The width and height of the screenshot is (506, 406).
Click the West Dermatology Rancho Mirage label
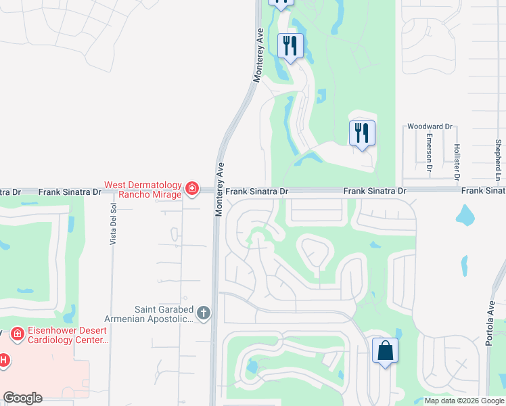[143, 189]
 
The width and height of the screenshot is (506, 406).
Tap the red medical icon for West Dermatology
[192, 189]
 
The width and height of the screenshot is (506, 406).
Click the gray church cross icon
[204, 313]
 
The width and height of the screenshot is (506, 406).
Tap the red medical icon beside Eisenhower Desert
[17, 334]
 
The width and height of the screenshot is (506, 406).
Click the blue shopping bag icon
[385, 351]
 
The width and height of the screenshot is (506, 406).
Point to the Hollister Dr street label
[457, 160]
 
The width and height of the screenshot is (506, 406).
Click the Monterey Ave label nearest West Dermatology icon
[219, 189]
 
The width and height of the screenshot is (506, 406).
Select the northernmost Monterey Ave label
[258, 55]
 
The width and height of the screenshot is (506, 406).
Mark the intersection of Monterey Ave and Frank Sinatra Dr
[217, 191]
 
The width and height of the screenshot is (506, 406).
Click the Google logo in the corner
[22, 398]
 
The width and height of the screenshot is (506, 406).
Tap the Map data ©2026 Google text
[464, 401]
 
